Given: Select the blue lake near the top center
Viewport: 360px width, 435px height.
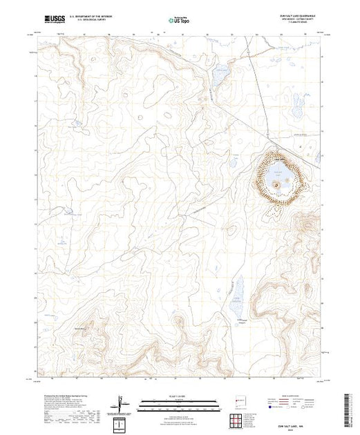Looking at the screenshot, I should (220, 75).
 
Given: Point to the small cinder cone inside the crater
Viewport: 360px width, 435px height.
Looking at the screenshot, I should (276, 184).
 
